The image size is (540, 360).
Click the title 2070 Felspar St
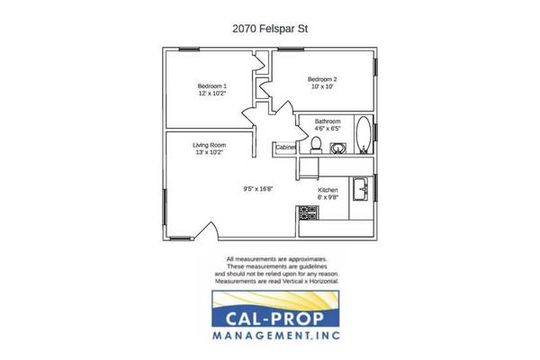pyautogui.click(x=270, y=29)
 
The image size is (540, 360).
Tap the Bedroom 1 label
pyautogui.click(x=212, y=85)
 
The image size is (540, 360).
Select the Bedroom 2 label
pyautogui.click(x=322, y=79)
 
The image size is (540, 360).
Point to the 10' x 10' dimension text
pyautogui.click(x=322, y=86)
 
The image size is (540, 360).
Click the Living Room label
pyautogui.click(x=210, y=145)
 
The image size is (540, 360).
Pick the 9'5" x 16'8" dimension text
pyautogui.click(x=258, y=189)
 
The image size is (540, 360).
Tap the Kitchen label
pyautogui.click(x=328, y=190)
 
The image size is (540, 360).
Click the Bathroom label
pyautogui.click(x=328, y=121)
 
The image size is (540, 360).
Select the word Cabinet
pyautogui.click(x=285, y=147)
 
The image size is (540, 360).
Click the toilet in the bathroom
pyautogui.click(x=316, y=145)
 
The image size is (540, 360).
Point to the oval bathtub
pyautogui.click(x=364, y=135)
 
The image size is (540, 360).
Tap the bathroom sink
pyautogui.click(x=338, y=148)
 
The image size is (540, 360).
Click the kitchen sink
pyautogui.click(x=361, y=189)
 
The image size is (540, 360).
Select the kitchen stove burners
pyautogui.click(x=308, y=213)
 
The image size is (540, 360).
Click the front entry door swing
pyautogui.click(x=207, y=230)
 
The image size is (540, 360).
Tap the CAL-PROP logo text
pyautogui.click(x=274, y=319)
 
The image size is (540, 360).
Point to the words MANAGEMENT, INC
pyautogui.click(x=276, y=335)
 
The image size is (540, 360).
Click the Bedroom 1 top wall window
pyautogui.click(x=189, y=49)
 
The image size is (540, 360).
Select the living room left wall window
pyautogui.click(x=165, y=207)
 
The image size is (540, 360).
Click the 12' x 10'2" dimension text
pyautogui.click(x=212, y=93)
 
